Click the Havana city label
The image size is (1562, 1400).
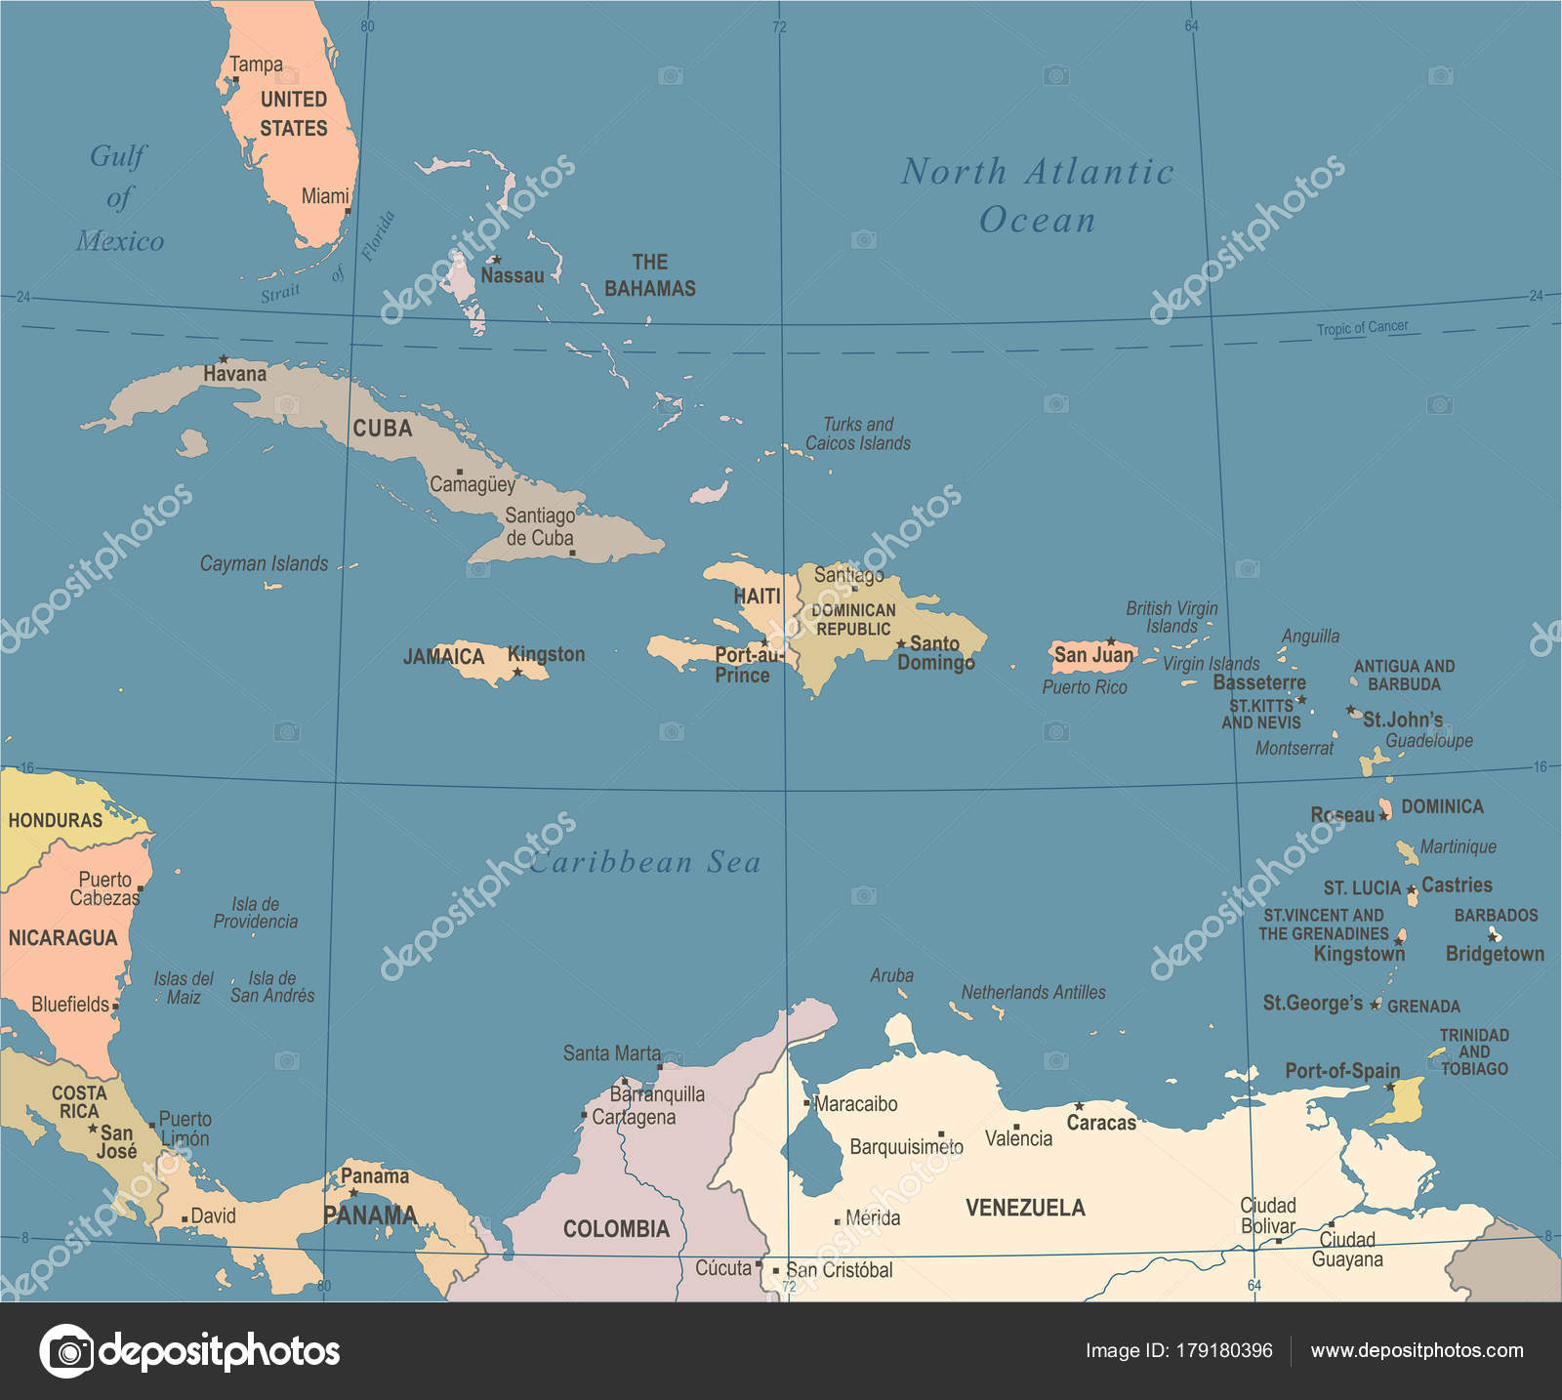click(x=234, y=374)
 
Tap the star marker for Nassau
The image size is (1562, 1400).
click(x=496, y=260)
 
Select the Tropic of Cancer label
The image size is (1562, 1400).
click(x=1362, y=328)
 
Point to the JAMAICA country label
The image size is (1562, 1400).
click(x=443, y=656)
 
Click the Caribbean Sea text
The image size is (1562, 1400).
click(x=644, y=862)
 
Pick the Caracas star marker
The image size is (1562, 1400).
click(x=1079, y=1106)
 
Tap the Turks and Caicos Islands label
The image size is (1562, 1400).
click(x=857, y=433)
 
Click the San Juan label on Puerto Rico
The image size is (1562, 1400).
click(x=1093, y=655)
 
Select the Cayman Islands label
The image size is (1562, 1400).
click(x=264, y=564)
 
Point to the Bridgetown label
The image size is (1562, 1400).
click(x=1495, y=954)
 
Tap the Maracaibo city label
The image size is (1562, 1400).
click(x=856, y=1104)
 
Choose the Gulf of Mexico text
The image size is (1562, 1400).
click(x=119, y=198)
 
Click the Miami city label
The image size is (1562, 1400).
click(x=324, y=196)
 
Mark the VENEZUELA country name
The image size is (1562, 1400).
click(x=1025, y=1208)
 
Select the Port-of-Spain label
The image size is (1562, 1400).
click(x=1341, y=1071)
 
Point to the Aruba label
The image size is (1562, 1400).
click(x=891, y=975)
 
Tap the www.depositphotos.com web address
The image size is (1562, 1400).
click(x=1417, y=1351)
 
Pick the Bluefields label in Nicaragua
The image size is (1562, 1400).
click(x=70, y=1005)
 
